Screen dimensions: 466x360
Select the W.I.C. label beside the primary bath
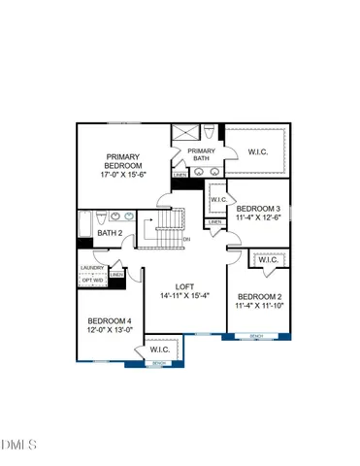pos(258,150)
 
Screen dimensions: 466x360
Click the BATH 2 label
pos(109,233)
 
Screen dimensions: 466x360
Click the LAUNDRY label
pos(92,267)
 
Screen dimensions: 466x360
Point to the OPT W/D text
pos(92,281)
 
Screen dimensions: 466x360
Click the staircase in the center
pos(161,229)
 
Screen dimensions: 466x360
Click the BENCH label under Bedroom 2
pos(256,336)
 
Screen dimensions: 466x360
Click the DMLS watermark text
pos(18,446)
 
